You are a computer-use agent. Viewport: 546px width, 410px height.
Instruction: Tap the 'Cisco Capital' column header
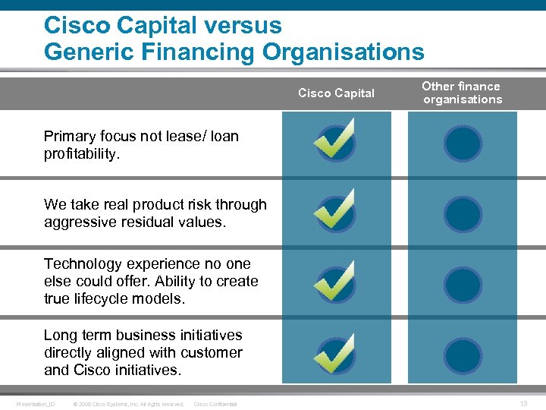(336, 93)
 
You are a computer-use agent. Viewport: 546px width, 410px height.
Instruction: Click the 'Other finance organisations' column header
(462, 93)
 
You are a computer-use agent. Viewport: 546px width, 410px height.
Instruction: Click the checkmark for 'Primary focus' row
(334, 140)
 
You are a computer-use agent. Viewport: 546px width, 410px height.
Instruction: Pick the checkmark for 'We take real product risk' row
(334, 211)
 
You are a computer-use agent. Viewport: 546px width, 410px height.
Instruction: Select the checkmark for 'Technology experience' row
(334, 282)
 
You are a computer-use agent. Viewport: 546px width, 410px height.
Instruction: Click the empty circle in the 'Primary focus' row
(463, 143)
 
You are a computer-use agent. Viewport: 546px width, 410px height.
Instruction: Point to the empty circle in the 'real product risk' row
(463, 214)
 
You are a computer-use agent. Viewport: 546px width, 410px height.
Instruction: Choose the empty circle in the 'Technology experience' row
(463, 285)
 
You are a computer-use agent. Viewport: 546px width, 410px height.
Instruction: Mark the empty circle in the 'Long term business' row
(463, 356)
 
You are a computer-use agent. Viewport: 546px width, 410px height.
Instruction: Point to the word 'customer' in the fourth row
(212, 352)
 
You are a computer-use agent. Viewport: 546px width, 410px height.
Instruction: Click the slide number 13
(523, 404)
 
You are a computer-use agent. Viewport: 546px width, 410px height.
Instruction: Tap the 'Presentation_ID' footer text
(36, 404)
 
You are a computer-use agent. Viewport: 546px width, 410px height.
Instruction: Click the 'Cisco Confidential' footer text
(216, 404)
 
